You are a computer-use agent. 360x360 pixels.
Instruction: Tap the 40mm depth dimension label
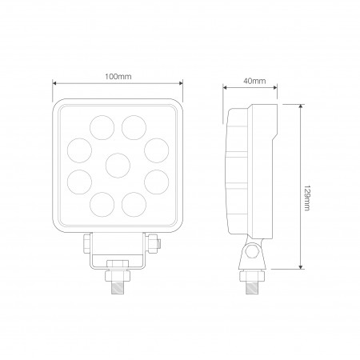click(x=255, y=81)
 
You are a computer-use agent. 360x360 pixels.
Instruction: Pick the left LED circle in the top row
click(x=102, y=126)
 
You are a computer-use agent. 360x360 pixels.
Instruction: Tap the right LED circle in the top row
click(x=134, y=126)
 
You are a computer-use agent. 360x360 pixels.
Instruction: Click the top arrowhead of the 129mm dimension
click(x=301, y=106)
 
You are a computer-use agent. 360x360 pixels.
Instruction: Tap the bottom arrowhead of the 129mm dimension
click(x=301, y=268)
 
